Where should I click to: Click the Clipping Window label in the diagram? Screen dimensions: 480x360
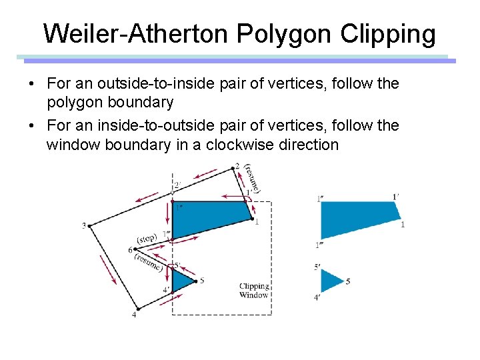pos(253,291)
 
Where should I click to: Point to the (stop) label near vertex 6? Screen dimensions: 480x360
pos(147,239)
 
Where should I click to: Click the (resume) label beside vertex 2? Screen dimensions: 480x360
pos(252,177)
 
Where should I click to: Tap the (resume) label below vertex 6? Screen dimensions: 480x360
pos(148,261)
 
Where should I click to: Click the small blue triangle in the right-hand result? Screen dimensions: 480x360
pos(330,281)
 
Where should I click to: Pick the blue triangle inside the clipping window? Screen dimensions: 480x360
pos(181,280)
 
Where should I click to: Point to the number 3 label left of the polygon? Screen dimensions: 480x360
pos(84,225)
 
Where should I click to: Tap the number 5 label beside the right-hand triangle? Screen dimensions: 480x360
pos(348,281)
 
